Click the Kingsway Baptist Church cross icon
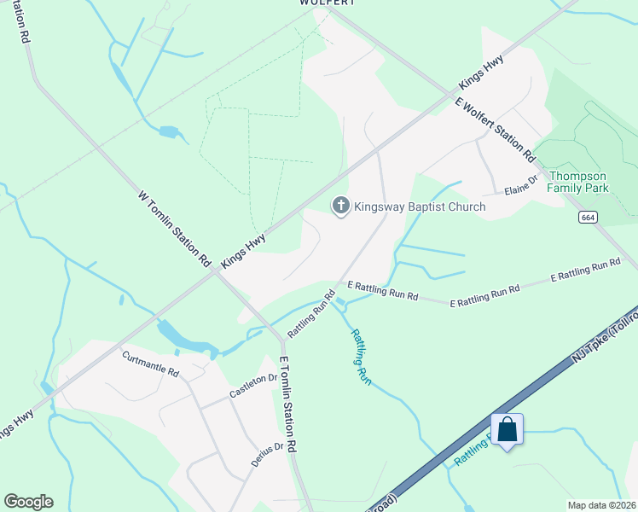[340, 206]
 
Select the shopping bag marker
[507, 429]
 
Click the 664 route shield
[587, 218]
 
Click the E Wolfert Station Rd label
[495, 130]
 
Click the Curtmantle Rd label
[150, 365]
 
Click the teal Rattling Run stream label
[362, 358]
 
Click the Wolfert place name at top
[327, 3]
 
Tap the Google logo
[28, 502]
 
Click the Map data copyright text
[601, 505]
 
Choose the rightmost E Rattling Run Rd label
[585, 271]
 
